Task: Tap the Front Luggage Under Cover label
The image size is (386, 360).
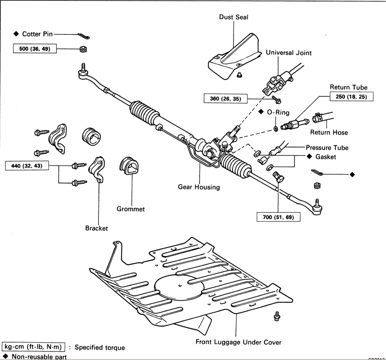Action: (238, 342)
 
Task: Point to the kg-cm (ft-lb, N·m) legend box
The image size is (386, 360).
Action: (33, 347)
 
